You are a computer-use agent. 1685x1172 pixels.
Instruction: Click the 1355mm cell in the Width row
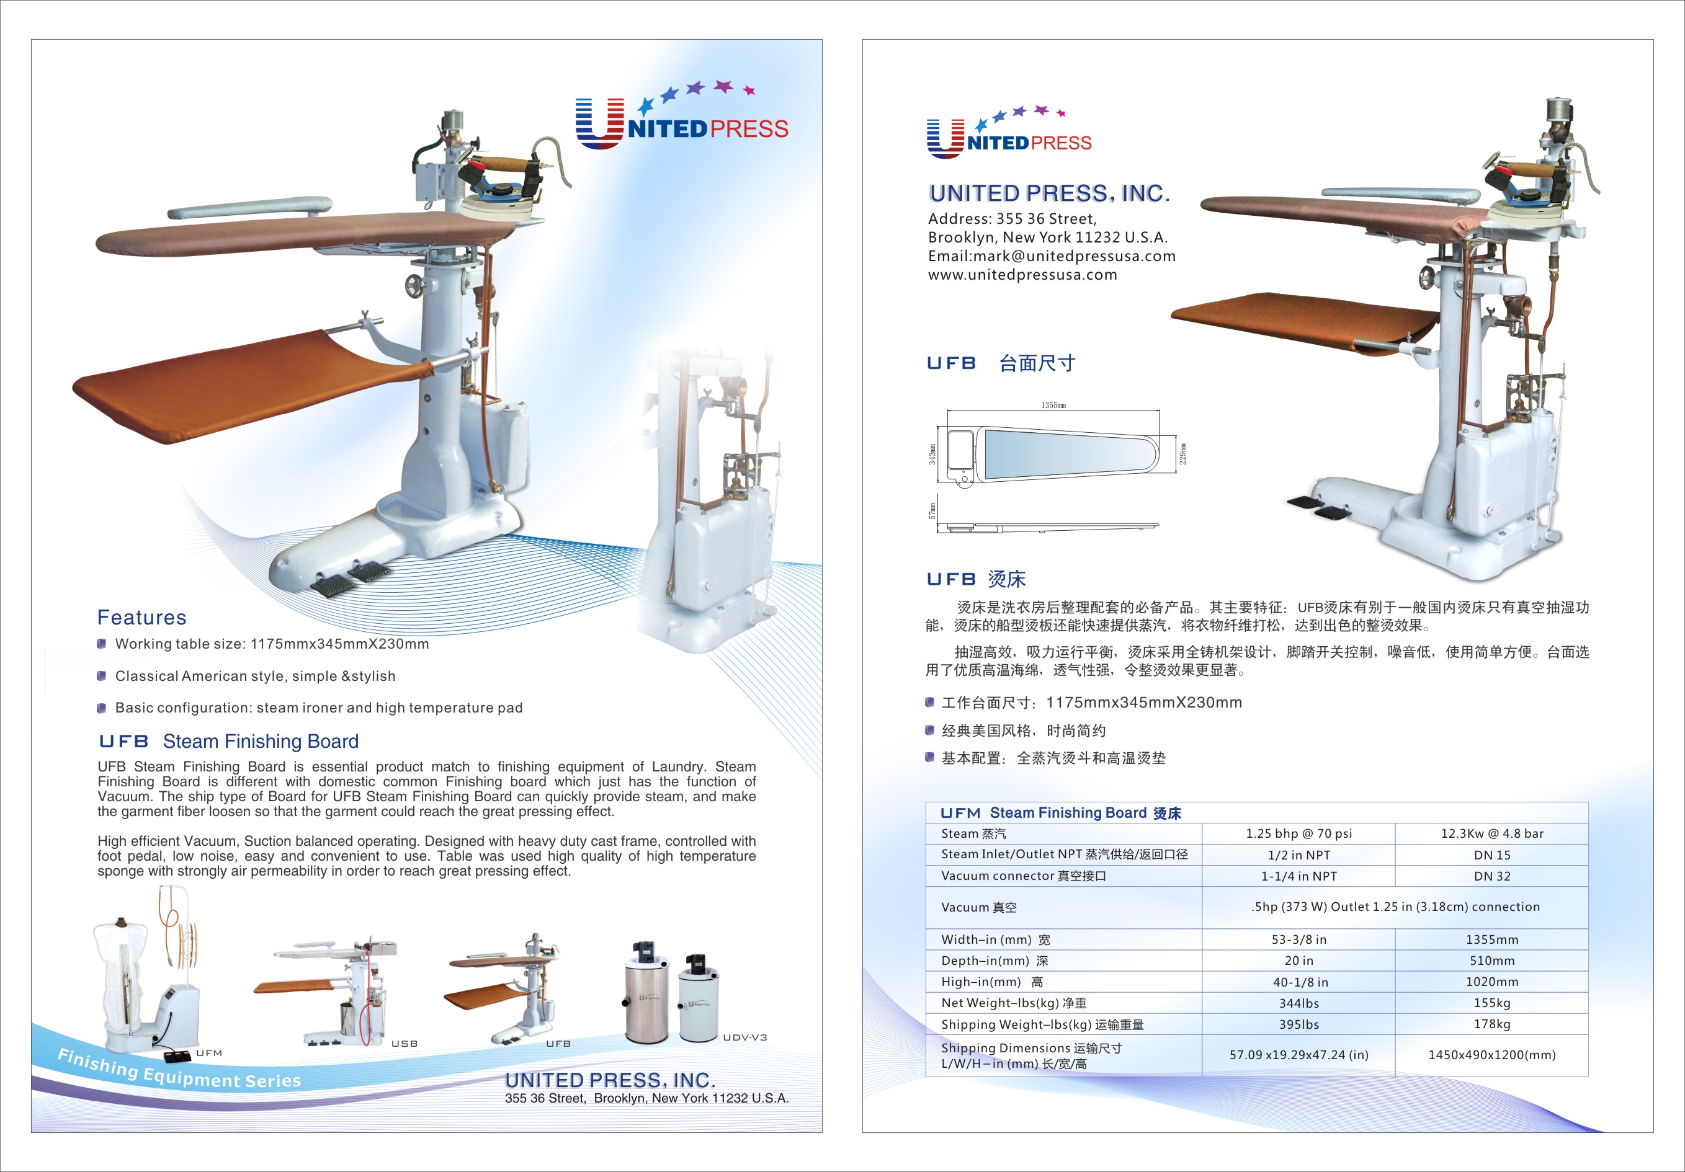pyautogui.click(x=1492, y=939)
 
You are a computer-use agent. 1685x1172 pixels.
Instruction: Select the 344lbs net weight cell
pyautogui.click(x=1299, y=1003)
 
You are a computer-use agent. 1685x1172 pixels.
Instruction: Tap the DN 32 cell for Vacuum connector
pyautogui.click(x=1492, y=876)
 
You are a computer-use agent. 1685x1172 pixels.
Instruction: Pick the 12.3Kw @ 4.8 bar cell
pyautogui.click(x=1492, y=834)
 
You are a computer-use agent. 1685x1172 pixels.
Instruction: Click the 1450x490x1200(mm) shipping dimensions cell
pyautogui.click(x=1492, y=1055)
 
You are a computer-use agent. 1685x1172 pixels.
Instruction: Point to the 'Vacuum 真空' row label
pyautogui.click(x=979, y=907)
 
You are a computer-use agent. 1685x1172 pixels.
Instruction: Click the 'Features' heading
pyautogui.click(x=141, y=618)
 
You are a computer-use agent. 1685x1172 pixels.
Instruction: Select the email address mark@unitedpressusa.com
pyautogui.click(x=1075, y=256)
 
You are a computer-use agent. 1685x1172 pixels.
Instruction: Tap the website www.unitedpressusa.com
pyautogui.click(x=1022, y=275)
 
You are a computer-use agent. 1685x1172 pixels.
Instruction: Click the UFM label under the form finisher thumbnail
pyautogui.click(x=209, y=1053)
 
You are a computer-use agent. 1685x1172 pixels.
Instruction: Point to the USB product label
pyautogui.click(x=404, y=1044)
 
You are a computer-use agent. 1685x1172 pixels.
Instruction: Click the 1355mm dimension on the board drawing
pyautogui.click(x=1053, y=405)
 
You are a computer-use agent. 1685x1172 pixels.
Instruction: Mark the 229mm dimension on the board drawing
pyautogui.click(x=1183, y=453)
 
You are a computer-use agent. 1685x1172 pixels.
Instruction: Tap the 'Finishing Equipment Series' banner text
pyautogui.click(x=180, y=1069)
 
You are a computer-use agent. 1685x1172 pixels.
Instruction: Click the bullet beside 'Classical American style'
pyautogui.click(x=101, y=676)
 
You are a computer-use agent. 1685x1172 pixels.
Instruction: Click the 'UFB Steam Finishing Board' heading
pyautogui.click(x=229, y=742)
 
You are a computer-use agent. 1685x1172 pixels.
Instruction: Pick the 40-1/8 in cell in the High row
pyautogui.click(x=1300, y=982)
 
